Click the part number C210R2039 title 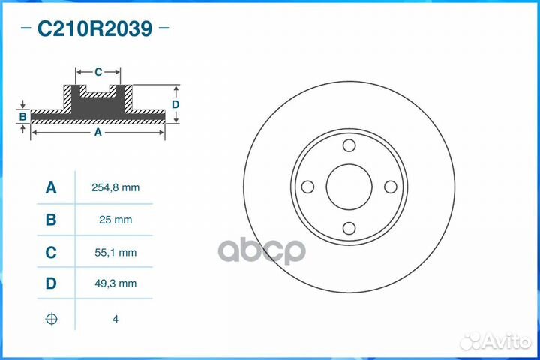[x=95, y=29]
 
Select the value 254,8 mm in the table [x=115, y=187]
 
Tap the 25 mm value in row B [x=115, y=220]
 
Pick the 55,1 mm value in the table [x=115, y=253]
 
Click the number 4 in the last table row [x=115, y=319]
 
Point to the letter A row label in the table [x=51, y=187]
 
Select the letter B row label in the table [x=51, y=220]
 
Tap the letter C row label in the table [x=51, y=253]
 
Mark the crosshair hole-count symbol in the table [x=51, y=319]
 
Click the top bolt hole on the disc [x=349, y=146]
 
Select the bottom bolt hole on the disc [x=349, y=229]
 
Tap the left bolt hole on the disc [x=307, y=187]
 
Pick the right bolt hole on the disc [x=390, y=187]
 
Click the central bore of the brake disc [x=349, y=187]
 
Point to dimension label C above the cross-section [x=98, y=72]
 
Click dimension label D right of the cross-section [x=175, y=104]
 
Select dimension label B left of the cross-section [x=23, y=116]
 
